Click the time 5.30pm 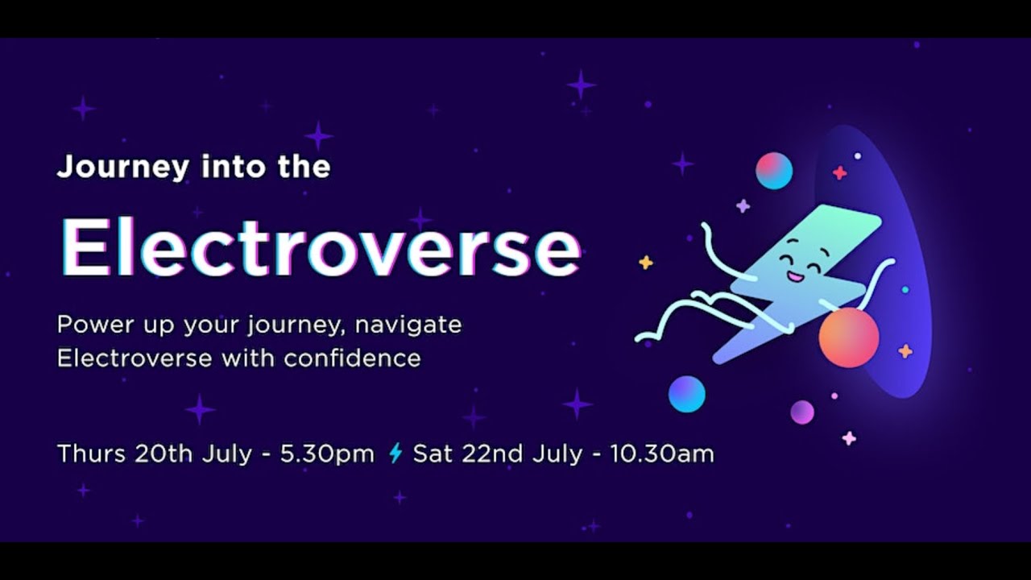click(327, 454)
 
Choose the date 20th click(164, 454)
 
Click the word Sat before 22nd click(432, 454)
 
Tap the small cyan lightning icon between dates click(395, 454)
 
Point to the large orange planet click(848, 338)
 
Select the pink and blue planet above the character click(774, 171)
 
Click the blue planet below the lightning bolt click(687, 394)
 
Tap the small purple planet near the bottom click(802, 412)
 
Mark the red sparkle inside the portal click(839, 172)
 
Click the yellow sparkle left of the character click(645, 263)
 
